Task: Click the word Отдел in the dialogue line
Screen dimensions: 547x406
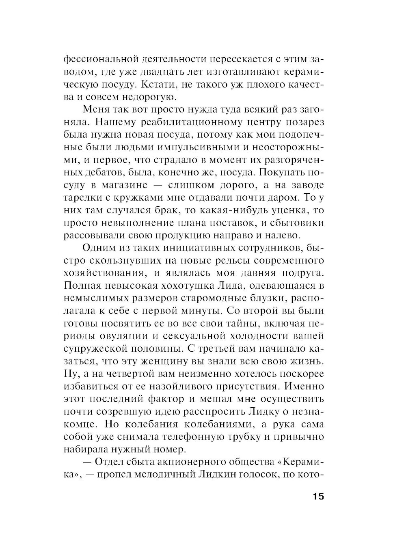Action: tap(110, 462)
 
